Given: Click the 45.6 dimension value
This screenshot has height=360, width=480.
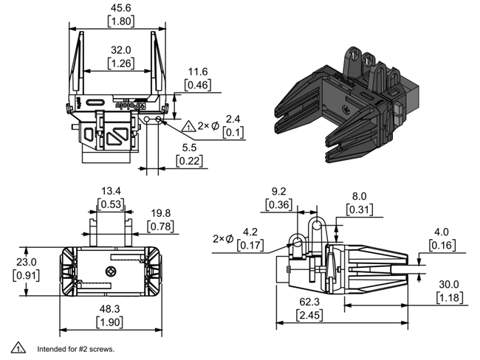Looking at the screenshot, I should coord(121,7).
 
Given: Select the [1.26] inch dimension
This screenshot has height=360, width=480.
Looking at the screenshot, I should coord(121,64).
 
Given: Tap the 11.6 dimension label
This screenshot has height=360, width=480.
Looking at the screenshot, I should coord(196,72).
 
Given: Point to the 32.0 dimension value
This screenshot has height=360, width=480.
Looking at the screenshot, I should coord(121,50).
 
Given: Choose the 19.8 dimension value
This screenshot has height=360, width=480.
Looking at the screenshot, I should coord(161,212).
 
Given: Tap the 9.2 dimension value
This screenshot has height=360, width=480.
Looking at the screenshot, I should coord(279,191).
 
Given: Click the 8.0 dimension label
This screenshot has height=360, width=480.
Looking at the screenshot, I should coord(358,196).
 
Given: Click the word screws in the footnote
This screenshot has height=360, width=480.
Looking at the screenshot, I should coord(100,349).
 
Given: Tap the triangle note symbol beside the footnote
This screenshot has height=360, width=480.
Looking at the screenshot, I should coord(15,347).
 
